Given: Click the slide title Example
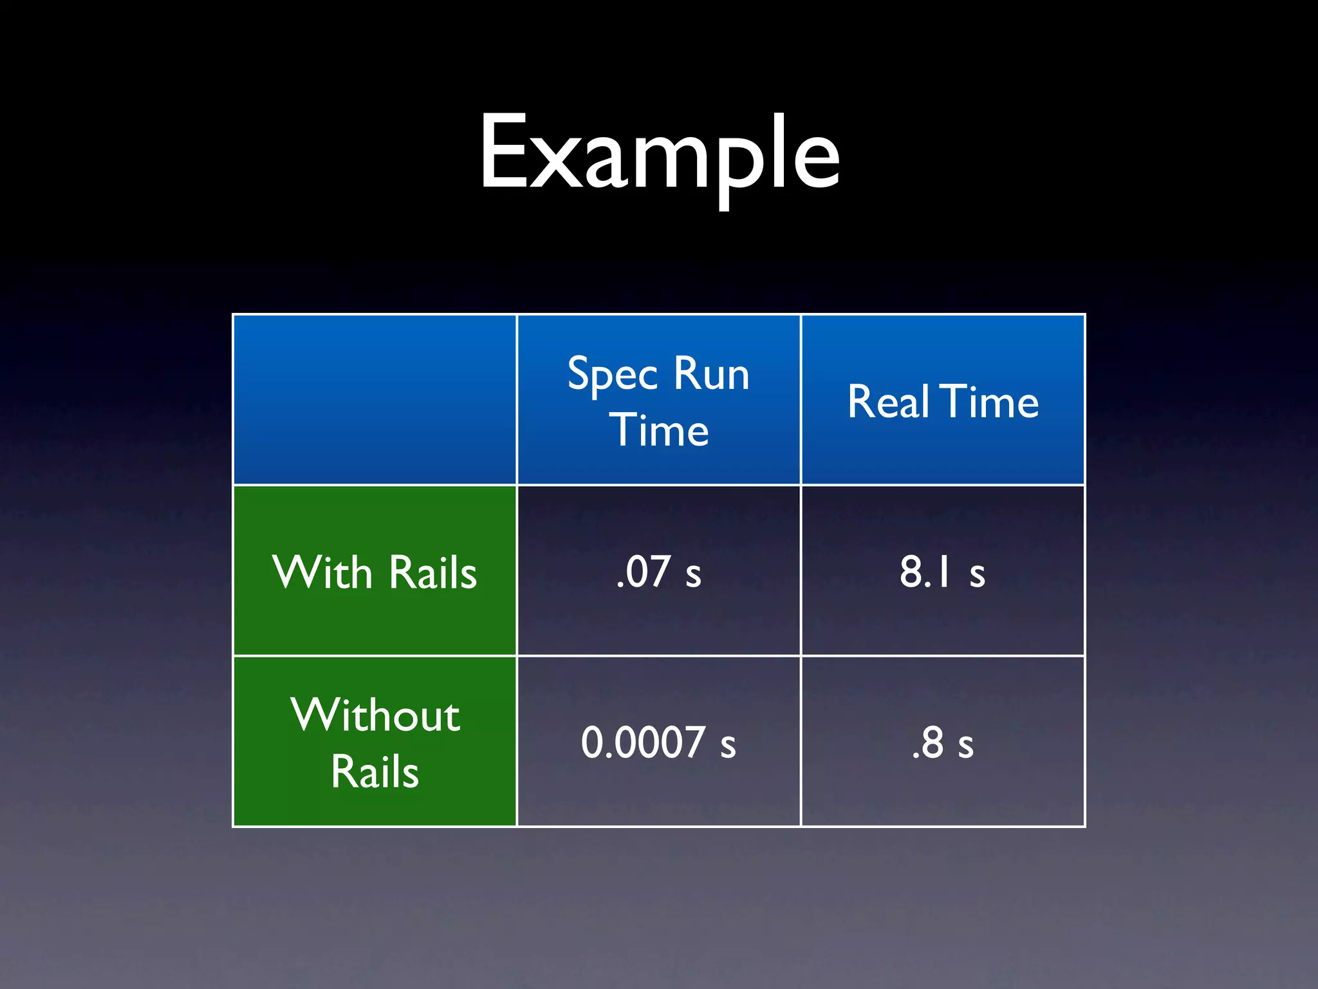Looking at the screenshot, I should pyautogui.click(x=659, y=155).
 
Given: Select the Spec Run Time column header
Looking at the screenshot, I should pyautogui.click(x=658, y=400).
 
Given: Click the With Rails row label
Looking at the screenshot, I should pyautogui.click(x=375, y=572).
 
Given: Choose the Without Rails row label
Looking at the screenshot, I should pyautogui.click(x=375, y=742).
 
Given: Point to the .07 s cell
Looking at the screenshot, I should pyautogui.click(x=658, y=572).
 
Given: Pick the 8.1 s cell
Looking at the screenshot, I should pyautogui.click(x=943, y=572).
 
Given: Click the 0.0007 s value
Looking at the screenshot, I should pyautogui.click(x=658, y=742).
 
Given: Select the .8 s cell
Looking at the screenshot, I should pyautogui.click(x=943, y=742).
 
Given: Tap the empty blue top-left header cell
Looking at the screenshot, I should pyautogui.click(x=375, y=399).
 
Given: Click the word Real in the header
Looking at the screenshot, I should pyautogui.click(x=889, y=402).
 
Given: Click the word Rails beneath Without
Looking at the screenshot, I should pyautogui.click(x=375, y=771).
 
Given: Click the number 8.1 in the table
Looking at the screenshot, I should pyautogui.click(x=925, y=572).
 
